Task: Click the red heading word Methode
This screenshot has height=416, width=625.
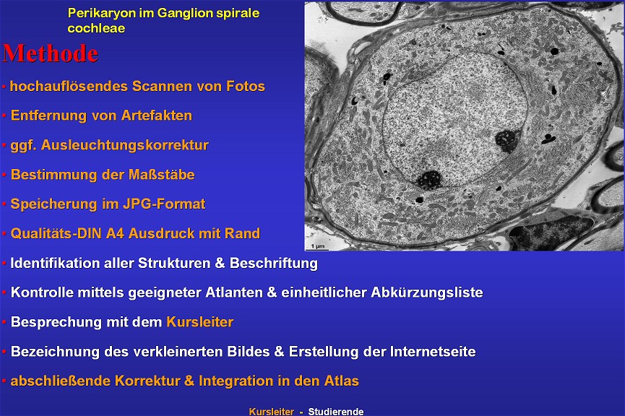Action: (51, 53)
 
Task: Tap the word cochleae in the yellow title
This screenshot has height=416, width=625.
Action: (97, 28)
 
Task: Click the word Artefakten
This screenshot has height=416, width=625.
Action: (157, 116)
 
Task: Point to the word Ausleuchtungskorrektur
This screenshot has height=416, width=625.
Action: (125, 145)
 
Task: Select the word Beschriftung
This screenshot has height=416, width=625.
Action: (274, 263)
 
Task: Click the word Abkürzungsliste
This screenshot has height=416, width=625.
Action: (427, 292)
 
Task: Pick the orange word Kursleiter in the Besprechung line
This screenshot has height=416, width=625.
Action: (200, 322)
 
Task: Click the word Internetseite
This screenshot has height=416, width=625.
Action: (433, 352)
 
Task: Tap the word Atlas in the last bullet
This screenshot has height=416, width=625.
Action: (342, 381)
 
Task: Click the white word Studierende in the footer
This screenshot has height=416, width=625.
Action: (335, 411)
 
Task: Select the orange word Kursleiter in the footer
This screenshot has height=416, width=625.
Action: (272, 411)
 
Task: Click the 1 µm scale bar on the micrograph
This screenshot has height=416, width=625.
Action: (317, 249)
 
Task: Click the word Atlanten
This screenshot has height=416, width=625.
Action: (234, 292)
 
